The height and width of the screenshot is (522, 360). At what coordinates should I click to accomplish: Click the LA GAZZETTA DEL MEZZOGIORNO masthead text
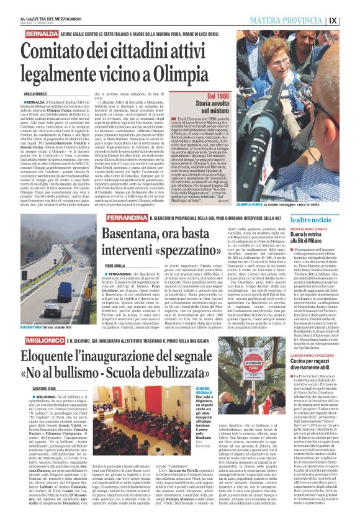[39, 5]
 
